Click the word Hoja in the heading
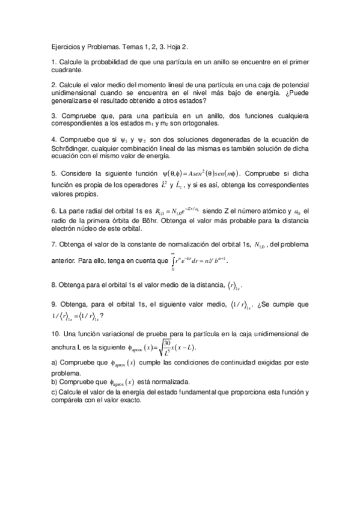177,46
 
